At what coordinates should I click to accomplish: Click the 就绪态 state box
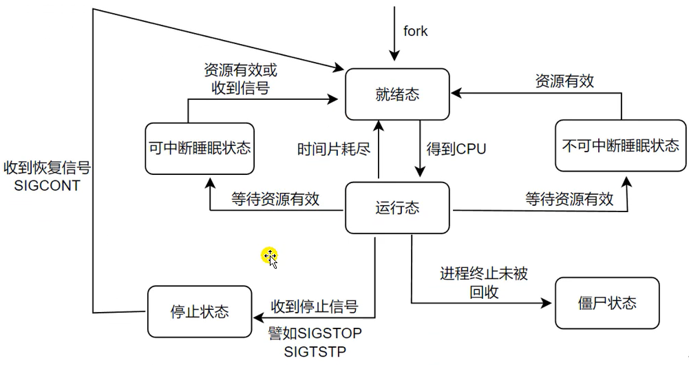[397, 95]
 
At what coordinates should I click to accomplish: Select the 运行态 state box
[397, 207]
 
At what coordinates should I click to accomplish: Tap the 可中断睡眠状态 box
[199, 148]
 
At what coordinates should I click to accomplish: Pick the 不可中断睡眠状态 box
[620, 146]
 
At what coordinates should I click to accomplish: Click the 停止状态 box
[199, 311]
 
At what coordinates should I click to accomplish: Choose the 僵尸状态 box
[606, 303]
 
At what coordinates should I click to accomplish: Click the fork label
[415, 31]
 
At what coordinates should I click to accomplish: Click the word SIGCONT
[46, 186]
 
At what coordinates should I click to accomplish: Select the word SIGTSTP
[315, 352]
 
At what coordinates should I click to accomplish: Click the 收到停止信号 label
[314, 306]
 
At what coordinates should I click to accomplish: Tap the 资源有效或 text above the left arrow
[240, 70]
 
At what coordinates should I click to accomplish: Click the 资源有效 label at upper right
[564, 81]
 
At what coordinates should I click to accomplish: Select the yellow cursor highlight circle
[269, 256]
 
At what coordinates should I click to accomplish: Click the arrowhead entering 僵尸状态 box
[550, 303]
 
